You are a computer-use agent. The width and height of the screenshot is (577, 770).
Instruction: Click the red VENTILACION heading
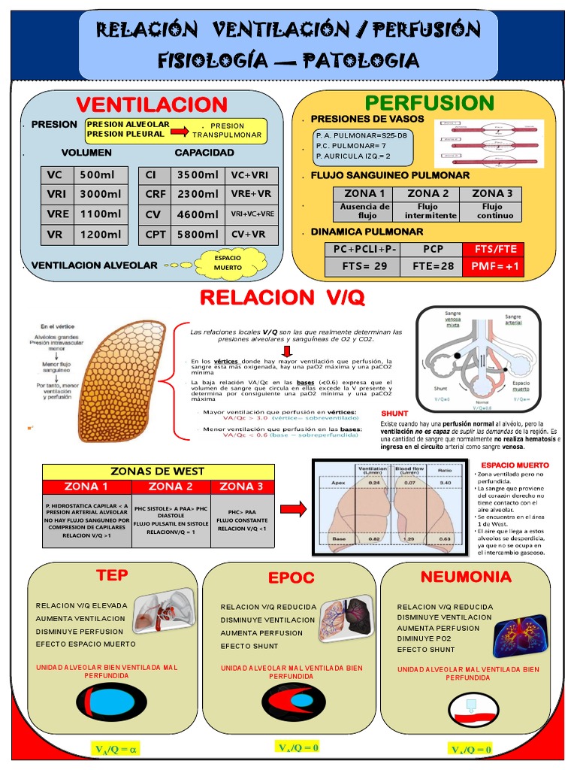point(152,105)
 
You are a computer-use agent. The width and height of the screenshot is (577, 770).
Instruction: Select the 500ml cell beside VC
point(100,175)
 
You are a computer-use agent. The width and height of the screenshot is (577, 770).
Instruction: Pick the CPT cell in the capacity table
point(156,234)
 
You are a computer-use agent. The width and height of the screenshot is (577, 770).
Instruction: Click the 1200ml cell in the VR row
point(100,234)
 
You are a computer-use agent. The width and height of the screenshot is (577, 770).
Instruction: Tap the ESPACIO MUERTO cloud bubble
point(228,262)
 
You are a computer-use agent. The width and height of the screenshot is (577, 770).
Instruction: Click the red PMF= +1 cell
point(496,266)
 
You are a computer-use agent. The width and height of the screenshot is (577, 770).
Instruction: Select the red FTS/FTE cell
point(496,249)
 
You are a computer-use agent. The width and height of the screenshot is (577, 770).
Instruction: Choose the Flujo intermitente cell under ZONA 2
point(430,211)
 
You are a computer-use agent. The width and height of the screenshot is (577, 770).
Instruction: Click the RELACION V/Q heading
point(282,298)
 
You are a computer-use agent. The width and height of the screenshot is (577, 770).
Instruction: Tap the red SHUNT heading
point(394,414)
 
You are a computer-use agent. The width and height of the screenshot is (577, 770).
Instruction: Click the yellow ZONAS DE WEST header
point(157,471)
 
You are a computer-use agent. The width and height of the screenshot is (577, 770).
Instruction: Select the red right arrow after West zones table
point(298,509)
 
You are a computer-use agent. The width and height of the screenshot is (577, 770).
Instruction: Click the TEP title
point(112,575)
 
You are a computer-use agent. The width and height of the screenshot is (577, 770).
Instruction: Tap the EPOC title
point(291,578)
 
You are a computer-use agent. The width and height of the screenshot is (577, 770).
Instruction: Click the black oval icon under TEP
point(112,702)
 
